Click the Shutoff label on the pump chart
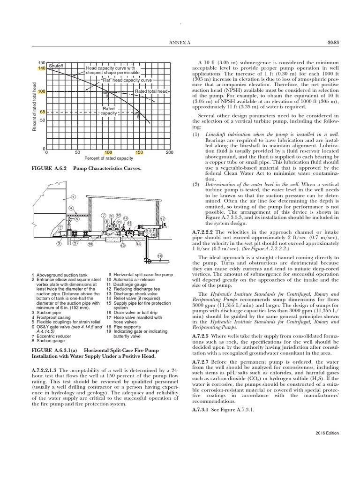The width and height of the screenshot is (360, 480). [x=57, y=66]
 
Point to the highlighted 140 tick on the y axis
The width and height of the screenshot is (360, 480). [x=41, y=68]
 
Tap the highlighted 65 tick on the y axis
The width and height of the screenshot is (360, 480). [x=42, y=112]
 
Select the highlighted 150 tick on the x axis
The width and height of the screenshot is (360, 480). [x=139, y=153]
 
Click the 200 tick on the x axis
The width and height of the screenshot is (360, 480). [x=169, y=153]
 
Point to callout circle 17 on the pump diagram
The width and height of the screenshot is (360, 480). [x=162, y=219]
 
